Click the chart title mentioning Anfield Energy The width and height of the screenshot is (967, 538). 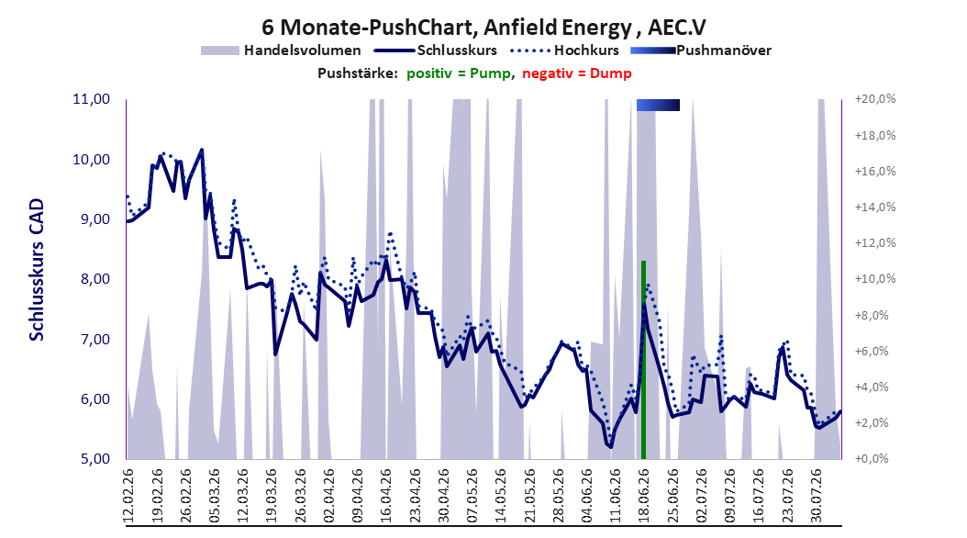pos(483,28)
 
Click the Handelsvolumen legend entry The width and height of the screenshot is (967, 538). pos(282,50)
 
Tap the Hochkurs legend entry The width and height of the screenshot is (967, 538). pos(565,50)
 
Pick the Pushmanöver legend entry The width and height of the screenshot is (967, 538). pos(701,50)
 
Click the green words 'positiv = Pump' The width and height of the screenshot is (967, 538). pos(458,73)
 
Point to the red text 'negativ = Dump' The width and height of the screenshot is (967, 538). pos(577,73)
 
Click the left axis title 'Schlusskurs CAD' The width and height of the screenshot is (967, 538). pos(37,270)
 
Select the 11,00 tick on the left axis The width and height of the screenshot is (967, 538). pos(91,99)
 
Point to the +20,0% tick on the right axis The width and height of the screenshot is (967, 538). pos(875,99)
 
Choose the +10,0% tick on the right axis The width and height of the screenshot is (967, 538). pos(875,279)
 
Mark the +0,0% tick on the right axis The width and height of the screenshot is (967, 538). pos(872,458)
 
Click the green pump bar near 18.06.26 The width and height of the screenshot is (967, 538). pos(643,360)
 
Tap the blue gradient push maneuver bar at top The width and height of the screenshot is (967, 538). pos(658,105)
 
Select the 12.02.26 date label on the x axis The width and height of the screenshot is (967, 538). pos(128,496)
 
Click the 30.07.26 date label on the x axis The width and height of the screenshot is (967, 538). pos(815,496)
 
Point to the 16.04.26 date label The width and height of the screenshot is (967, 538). pos(385,496)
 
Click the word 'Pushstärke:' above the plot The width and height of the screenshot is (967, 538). pos(357,73)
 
